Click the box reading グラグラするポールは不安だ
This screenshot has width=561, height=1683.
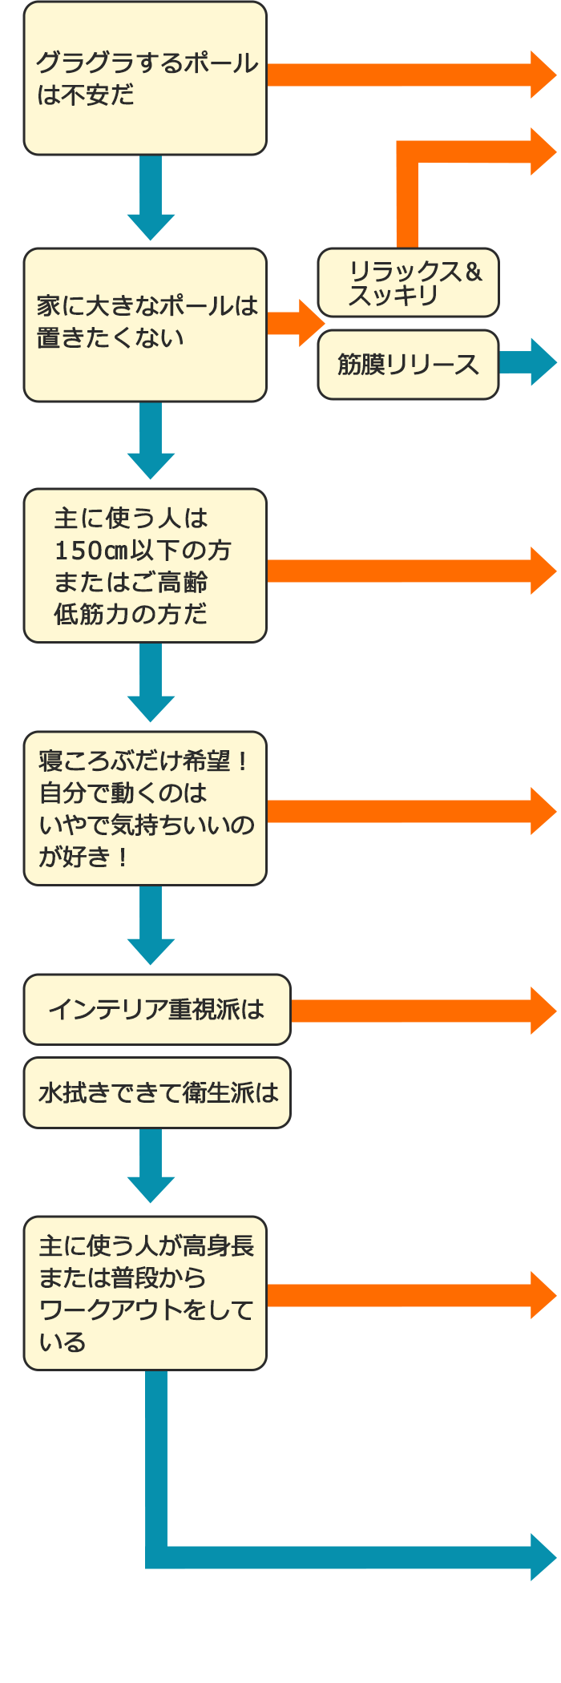(145, 79)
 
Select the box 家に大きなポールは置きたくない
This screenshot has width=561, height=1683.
(145, 325)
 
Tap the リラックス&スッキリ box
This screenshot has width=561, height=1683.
(408, 283)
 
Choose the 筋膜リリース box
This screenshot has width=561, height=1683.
(408, 365)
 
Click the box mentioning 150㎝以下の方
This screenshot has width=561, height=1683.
(145, 566)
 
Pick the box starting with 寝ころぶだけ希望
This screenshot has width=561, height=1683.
(145, 808)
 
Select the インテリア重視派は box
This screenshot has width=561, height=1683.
(157, 1010)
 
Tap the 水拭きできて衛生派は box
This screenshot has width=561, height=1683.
(157, 1093)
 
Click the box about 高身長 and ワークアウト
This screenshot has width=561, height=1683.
(145, 1294)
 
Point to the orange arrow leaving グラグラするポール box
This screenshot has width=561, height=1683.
(409, 75)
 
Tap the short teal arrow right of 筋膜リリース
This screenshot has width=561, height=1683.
(527, 362)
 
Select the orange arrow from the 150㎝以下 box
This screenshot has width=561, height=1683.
(409, 571)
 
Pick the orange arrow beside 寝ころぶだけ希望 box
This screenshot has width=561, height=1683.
(409, 811)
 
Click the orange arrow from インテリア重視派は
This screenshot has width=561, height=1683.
(421, 1011)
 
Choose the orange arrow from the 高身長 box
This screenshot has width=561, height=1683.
(409, 1295)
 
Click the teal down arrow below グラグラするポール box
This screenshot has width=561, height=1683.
(151, 196)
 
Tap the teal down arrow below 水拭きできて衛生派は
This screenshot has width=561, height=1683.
(151, 1164)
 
